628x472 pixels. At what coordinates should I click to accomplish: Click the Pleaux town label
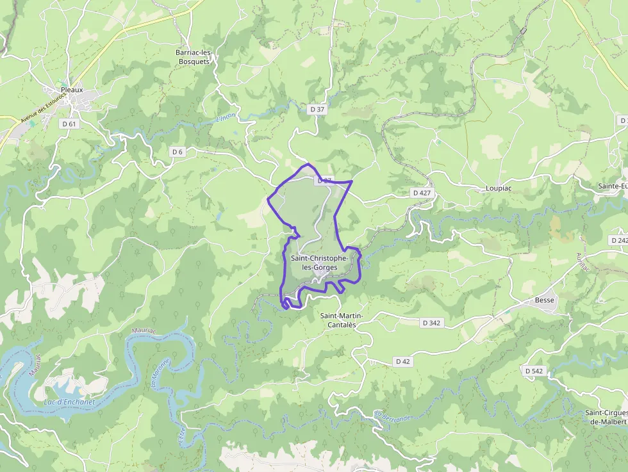coord(72,90)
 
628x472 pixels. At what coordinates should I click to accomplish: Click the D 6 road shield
coord(178,151)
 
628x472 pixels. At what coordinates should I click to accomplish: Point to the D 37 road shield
coord(317,110)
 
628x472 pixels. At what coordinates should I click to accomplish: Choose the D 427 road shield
coord(422,192)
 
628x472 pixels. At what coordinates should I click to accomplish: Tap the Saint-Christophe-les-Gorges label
coord(320,263)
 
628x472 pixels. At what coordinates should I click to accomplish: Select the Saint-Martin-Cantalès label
coord(342,320)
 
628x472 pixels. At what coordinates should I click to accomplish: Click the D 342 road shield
coord(432,323)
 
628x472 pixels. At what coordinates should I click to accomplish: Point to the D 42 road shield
coord(402,361)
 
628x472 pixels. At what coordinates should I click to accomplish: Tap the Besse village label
coord(545,300)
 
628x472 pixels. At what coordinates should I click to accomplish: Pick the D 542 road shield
coord(533,371)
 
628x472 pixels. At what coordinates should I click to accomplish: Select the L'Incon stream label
coord(226,118)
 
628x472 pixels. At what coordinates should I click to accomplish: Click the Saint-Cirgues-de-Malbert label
coord(606,417)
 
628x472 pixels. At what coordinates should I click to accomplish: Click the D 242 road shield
coord(619,240)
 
